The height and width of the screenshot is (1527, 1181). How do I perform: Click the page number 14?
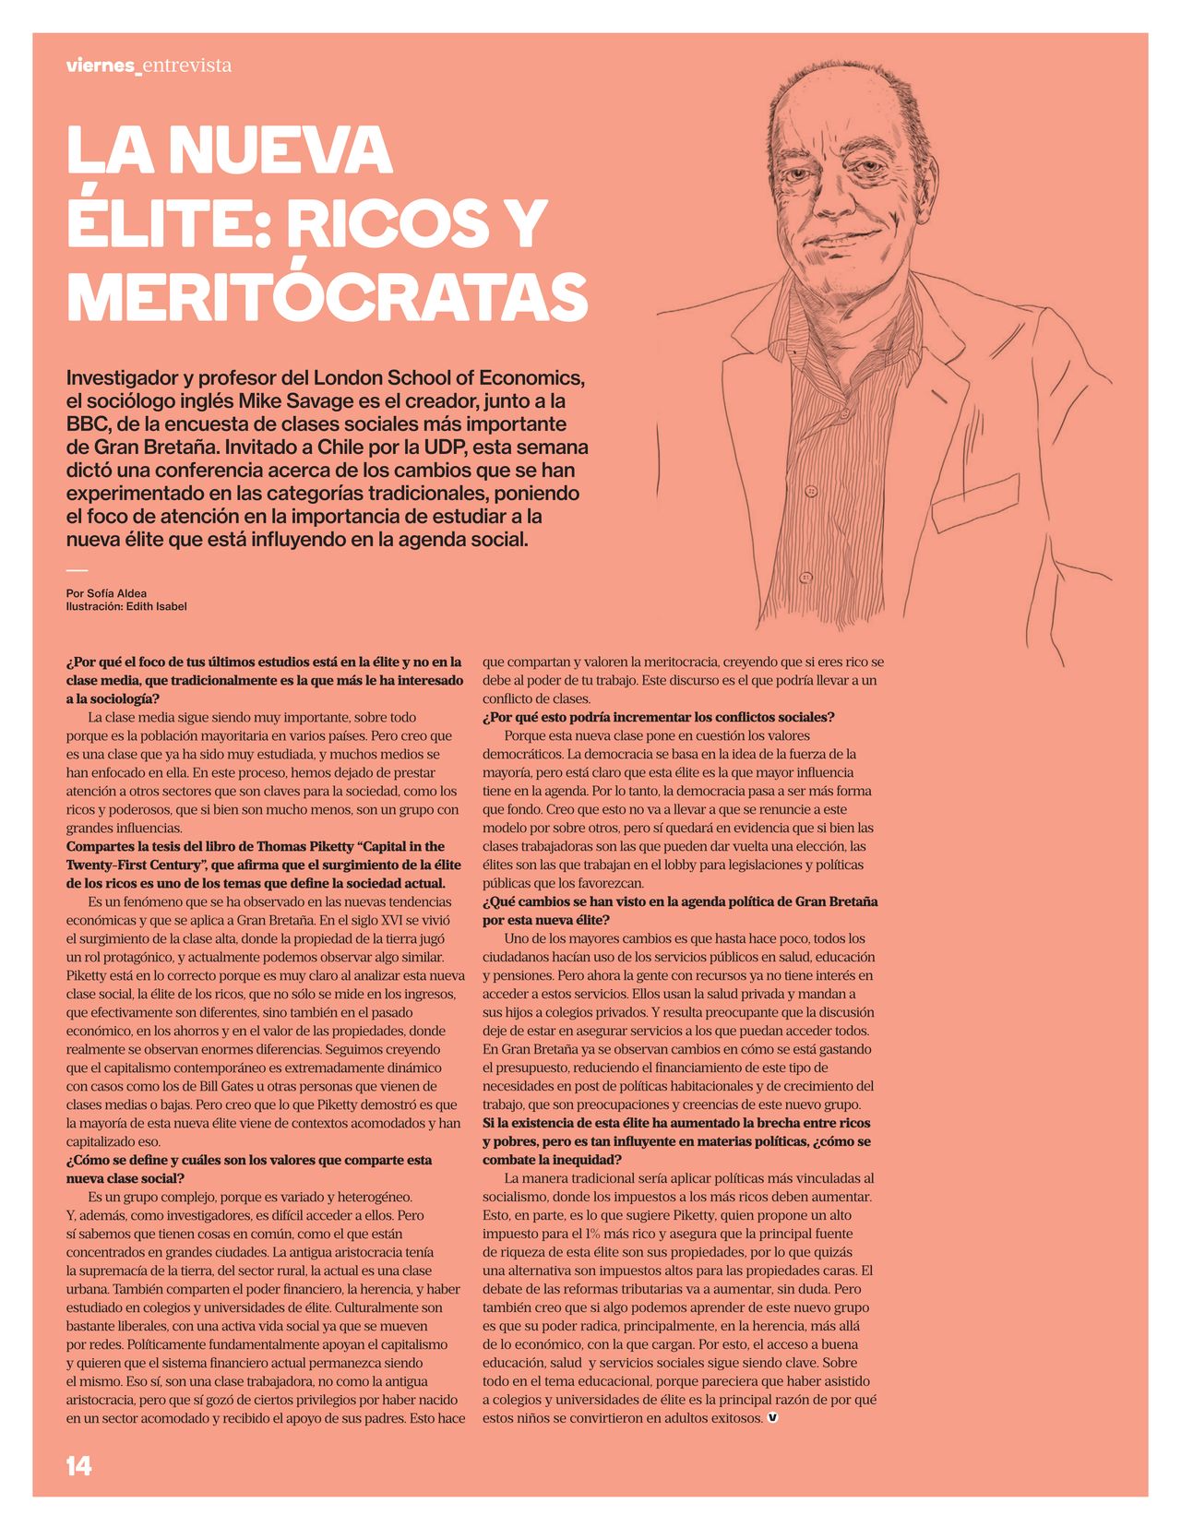[x=78, y=1466]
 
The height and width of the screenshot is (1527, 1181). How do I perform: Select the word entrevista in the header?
[x=187, y=66]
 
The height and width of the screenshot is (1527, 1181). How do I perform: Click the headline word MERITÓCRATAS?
[x=328, y=297]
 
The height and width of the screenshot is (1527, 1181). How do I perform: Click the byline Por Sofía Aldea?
[x=106, y=593]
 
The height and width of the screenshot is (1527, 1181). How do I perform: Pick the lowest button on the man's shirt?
[x=805, y=578]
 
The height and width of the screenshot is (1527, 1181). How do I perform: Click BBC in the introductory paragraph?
[x=87, y=424]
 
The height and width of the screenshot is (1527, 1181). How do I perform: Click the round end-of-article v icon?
[x=772, y=1417]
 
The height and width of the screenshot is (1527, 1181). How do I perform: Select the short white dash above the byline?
[x=77, y=571]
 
